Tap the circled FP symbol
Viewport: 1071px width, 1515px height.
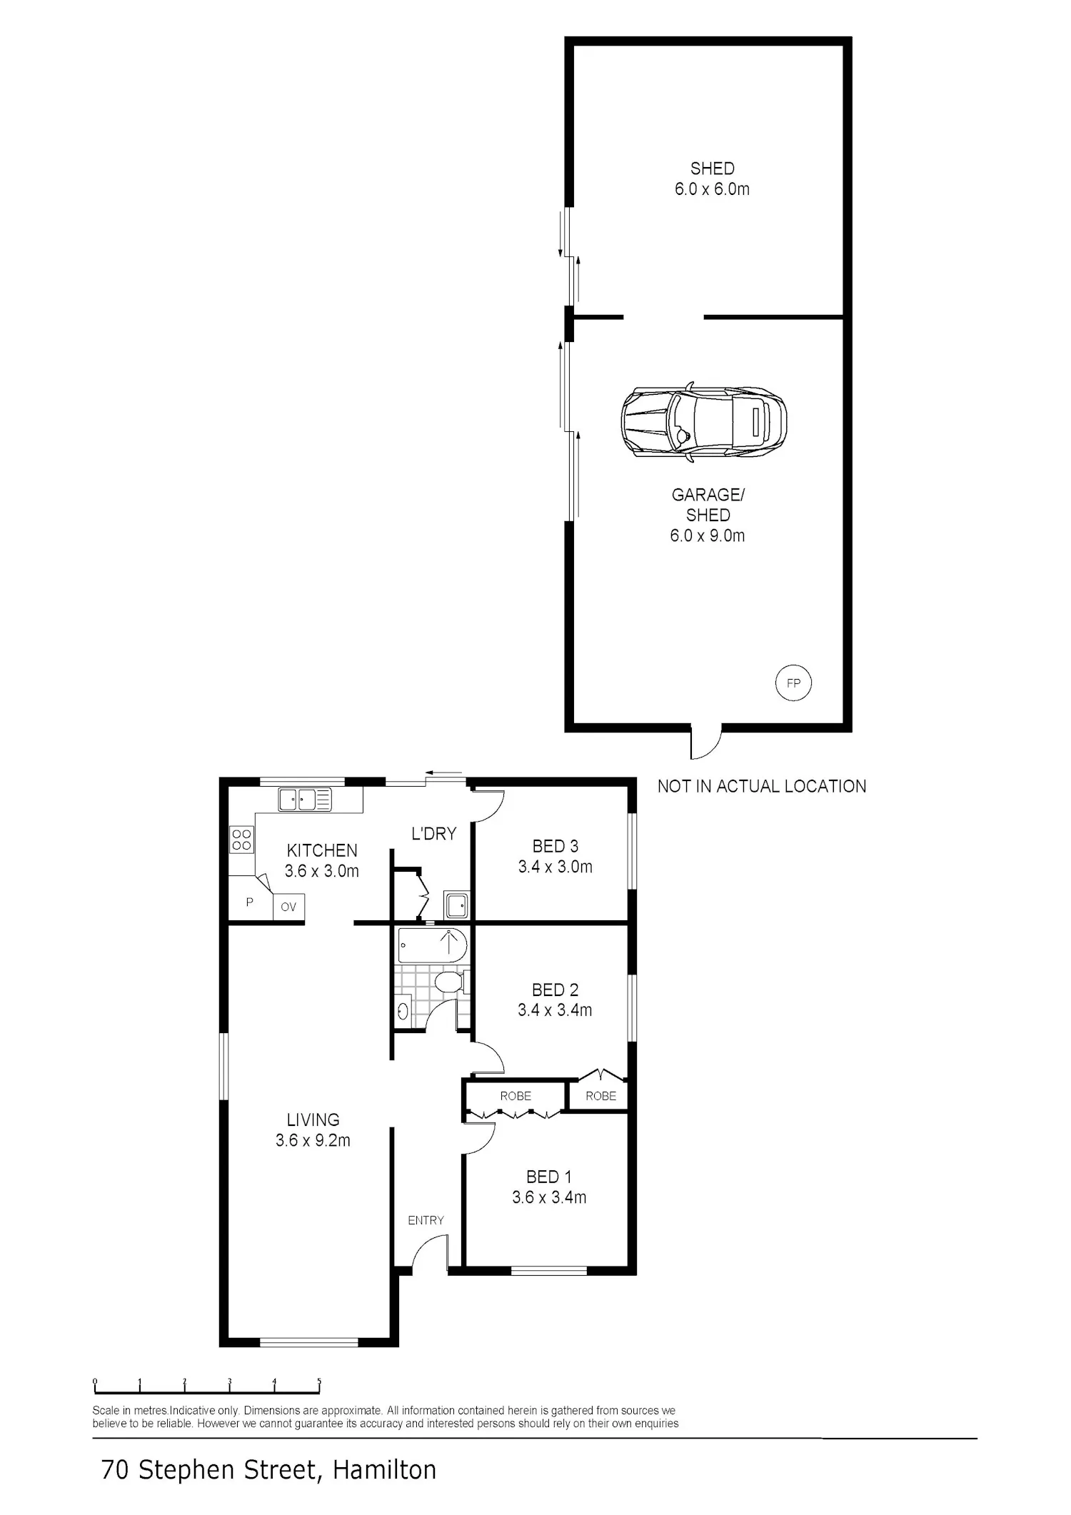(x=793, y=683)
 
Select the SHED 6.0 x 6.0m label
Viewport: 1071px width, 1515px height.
(x=712, y=178)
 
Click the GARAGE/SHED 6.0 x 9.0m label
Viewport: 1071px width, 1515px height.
(x=708, y=515)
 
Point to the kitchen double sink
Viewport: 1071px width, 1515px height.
(x=305, y=799)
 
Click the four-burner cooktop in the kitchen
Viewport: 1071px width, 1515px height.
(x=241, y=839)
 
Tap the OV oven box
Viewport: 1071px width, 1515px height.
(x=288, y=907)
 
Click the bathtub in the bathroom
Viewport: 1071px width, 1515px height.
(x=433, y=945)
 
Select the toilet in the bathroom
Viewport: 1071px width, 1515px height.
(x=451, y=982)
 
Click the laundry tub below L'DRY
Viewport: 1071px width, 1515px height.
(x=456, y=905)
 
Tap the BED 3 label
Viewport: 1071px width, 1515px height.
(x=555, y=846)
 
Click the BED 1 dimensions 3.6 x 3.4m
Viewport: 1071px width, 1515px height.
(x=549, y=1197)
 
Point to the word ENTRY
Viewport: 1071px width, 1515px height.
(x=426, y=1220)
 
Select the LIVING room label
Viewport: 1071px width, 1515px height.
(x=313, y=1119)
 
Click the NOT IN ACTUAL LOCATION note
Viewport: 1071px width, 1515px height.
(x=762, y=786)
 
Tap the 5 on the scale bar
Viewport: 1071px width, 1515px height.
(x=319, y=1381)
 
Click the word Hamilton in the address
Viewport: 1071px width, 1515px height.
(x=384, y=1469)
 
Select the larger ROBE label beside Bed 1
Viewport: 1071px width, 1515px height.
(x=516, y=1096)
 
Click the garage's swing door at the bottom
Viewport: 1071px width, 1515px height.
(x=705, y=744)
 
